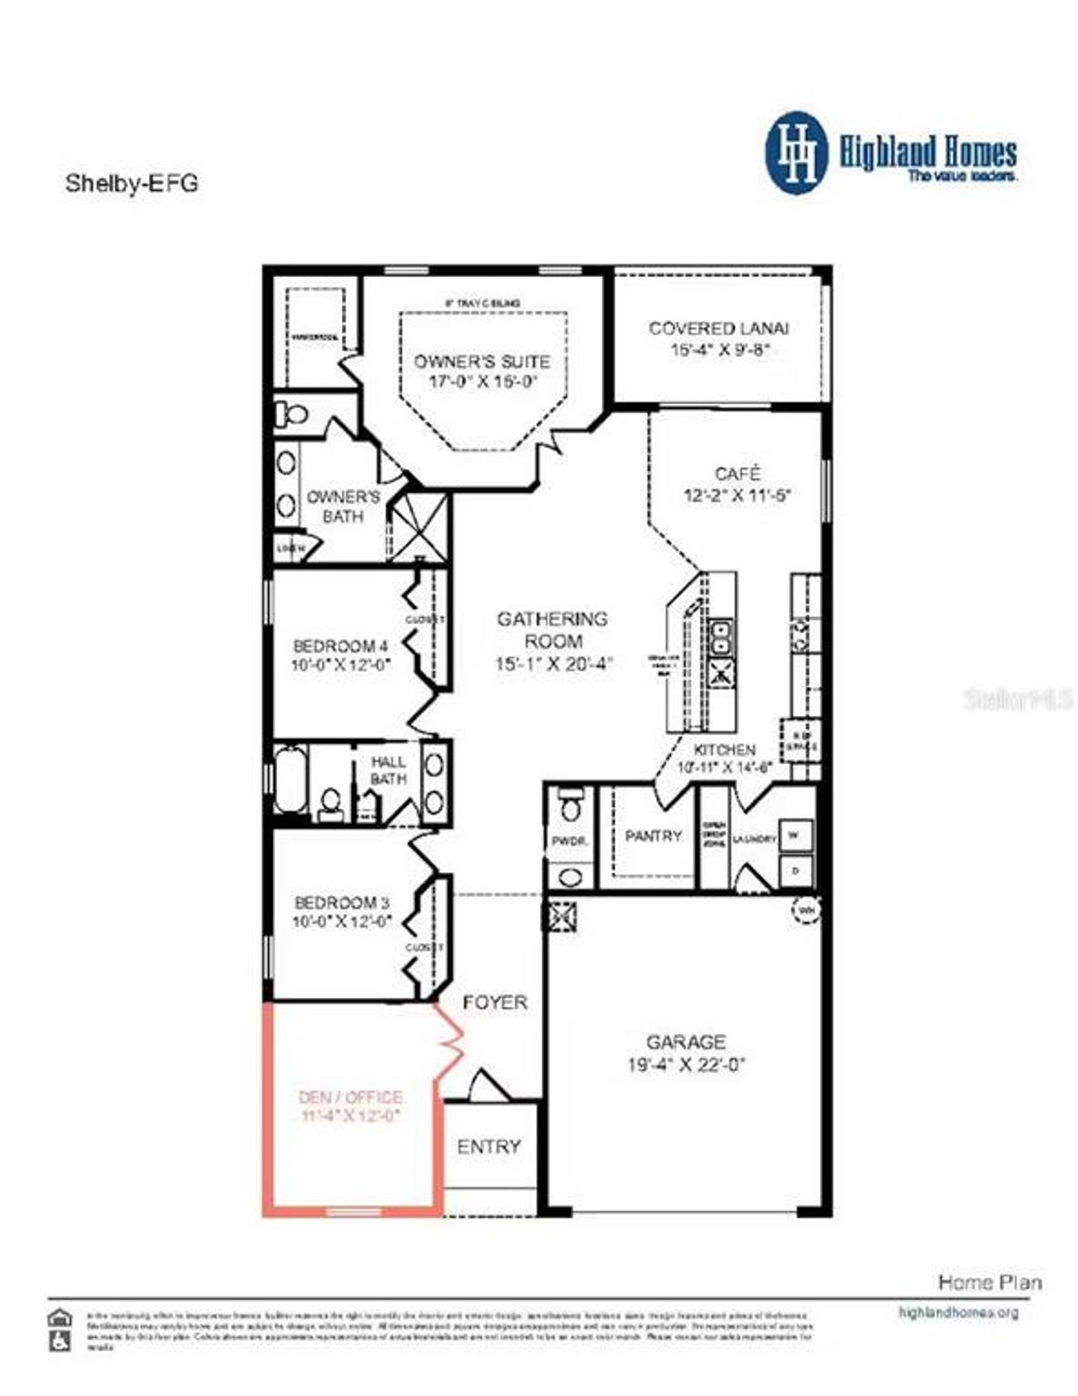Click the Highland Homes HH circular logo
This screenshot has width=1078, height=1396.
(x=796, y=153)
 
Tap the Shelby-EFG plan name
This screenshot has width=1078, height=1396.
(x=132, y=184)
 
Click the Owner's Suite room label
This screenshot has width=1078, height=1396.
(x=482, y=362)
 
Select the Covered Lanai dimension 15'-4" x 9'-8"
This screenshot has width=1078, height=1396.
(x=721, y=349)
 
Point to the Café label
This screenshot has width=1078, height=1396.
(x=738, y=474)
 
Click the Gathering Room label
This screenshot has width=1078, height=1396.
(x=552, y=630)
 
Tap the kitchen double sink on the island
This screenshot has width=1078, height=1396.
(x=722, y=637)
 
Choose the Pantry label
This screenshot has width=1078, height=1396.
(x=654, y=836)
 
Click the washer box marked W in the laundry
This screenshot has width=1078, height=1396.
(x=796, y=835)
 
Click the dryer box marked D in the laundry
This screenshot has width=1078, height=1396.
(x=796, y=870)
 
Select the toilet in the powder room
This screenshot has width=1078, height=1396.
(x=572, y=805)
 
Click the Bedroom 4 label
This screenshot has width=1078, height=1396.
(x=341, y=647)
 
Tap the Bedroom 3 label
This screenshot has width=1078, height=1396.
(x=342, y=903)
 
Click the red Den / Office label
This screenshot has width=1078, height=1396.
(x=350, y=1098)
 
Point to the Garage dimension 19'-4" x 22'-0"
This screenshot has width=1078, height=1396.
(x=686, y=1065)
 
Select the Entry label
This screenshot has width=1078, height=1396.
(x=488, y=1147)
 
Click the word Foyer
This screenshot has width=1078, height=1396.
(x=495, y=1003)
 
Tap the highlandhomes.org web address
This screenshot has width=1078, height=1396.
(x=958, y=1313)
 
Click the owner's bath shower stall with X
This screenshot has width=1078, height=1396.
(x=418, y=527)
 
